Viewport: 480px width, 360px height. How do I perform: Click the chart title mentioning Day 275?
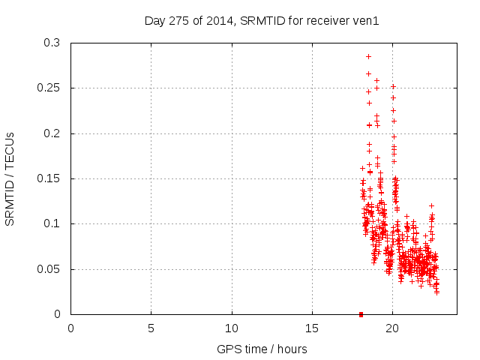click(261, 20)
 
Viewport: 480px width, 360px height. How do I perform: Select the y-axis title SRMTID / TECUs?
click(10, 178)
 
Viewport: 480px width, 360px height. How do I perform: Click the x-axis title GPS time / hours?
click(261, 349)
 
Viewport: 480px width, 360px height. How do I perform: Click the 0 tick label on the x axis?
click(70, 328)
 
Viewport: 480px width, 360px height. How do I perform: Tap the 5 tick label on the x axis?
click(151, 328)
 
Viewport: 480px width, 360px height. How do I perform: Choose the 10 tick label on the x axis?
click(232, 328)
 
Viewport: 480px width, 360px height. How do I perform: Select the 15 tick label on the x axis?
click(312, 328)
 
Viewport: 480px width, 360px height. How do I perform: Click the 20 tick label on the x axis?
click(392, 328)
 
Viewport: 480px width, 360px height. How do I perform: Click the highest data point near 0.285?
click(368, 56)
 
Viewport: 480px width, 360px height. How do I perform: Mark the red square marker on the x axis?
click(361, 314)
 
